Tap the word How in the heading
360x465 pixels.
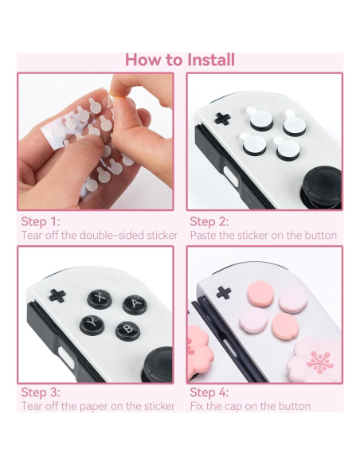click(144, 60)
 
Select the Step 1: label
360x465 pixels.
click(40, 221)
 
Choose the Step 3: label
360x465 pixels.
click(40, 392)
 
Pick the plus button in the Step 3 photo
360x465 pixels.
click(57, 295)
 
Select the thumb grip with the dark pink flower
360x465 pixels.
click(318, 359)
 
